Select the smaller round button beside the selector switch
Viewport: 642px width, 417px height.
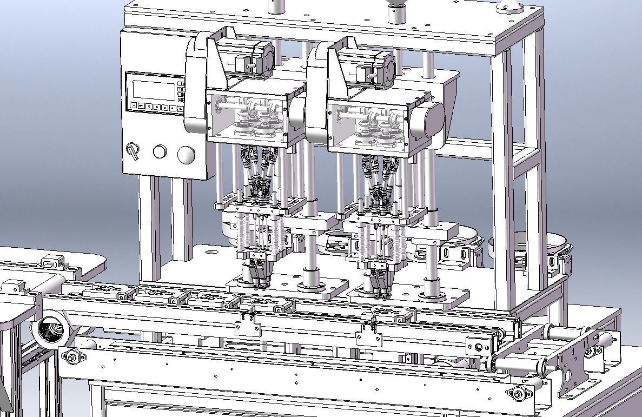(x=160, y=151)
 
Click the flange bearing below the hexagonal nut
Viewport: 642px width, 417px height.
(x=71, y=356)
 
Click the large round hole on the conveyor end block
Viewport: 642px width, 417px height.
(x=478, y=347)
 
